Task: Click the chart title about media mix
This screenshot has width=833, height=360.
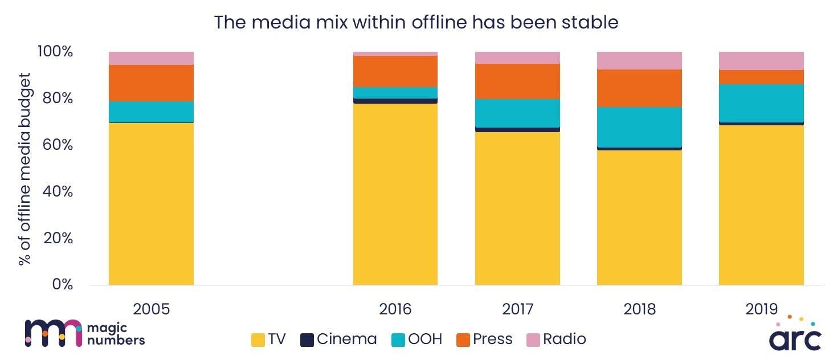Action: click(416, 22)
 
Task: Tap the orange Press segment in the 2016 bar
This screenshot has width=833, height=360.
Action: click(395, 71)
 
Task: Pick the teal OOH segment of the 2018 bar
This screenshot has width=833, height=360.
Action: click(639, 127)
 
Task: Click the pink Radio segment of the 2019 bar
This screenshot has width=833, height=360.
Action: click(761, 60)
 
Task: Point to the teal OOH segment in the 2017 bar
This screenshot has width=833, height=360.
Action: click(517, 113)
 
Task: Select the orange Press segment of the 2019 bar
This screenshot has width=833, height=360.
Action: click(761, 77)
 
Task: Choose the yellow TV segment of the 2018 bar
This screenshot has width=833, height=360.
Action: click(639, 217)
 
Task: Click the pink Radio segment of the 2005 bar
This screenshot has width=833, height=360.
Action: click(151, 58)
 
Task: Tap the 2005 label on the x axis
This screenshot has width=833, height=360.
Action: click(151, 309)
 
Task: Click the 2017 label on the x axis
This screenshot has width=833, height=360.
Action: click(517, 309)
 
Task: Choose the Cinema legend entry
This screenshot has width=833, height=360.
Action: click(339, 339)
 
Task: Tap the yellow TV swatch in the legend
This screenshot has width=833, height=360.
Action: click(259, 340)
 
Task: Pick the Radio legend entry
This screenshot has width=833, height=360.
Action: click(556, 339)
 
